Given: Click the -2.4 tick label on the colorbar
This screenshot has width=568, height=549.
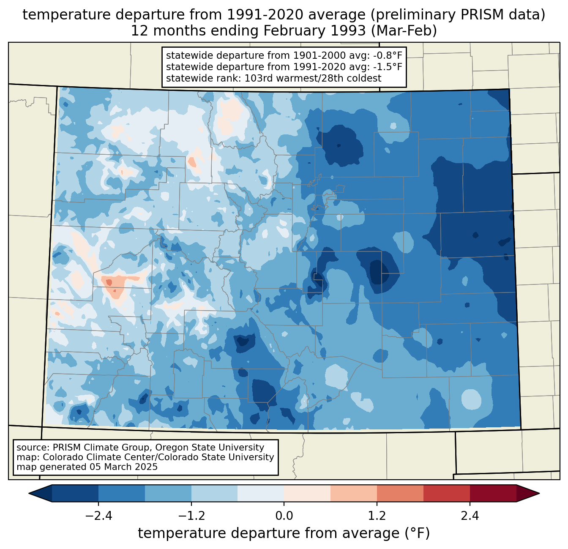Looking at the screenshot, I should pos(98,516).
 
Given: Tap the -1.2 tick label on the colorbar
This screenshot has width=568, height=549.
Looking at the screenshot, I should pos(191,516).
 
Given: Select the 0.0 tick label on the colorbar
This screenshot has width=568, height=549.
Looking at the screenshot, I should pos(284,516).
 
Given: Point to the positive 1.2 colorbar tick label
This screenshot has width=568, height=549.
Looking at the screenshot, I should pos(377,516).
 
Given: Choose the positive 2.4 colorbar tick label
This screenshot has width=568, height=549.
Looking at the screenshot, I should pos(470,516).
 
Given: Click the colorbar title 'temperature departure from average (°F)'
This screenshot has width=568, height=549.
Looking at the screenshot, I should pos(284,533).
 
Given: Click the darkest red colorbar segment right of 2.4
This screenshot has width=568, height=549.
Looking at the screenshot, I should pos(493,493).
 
